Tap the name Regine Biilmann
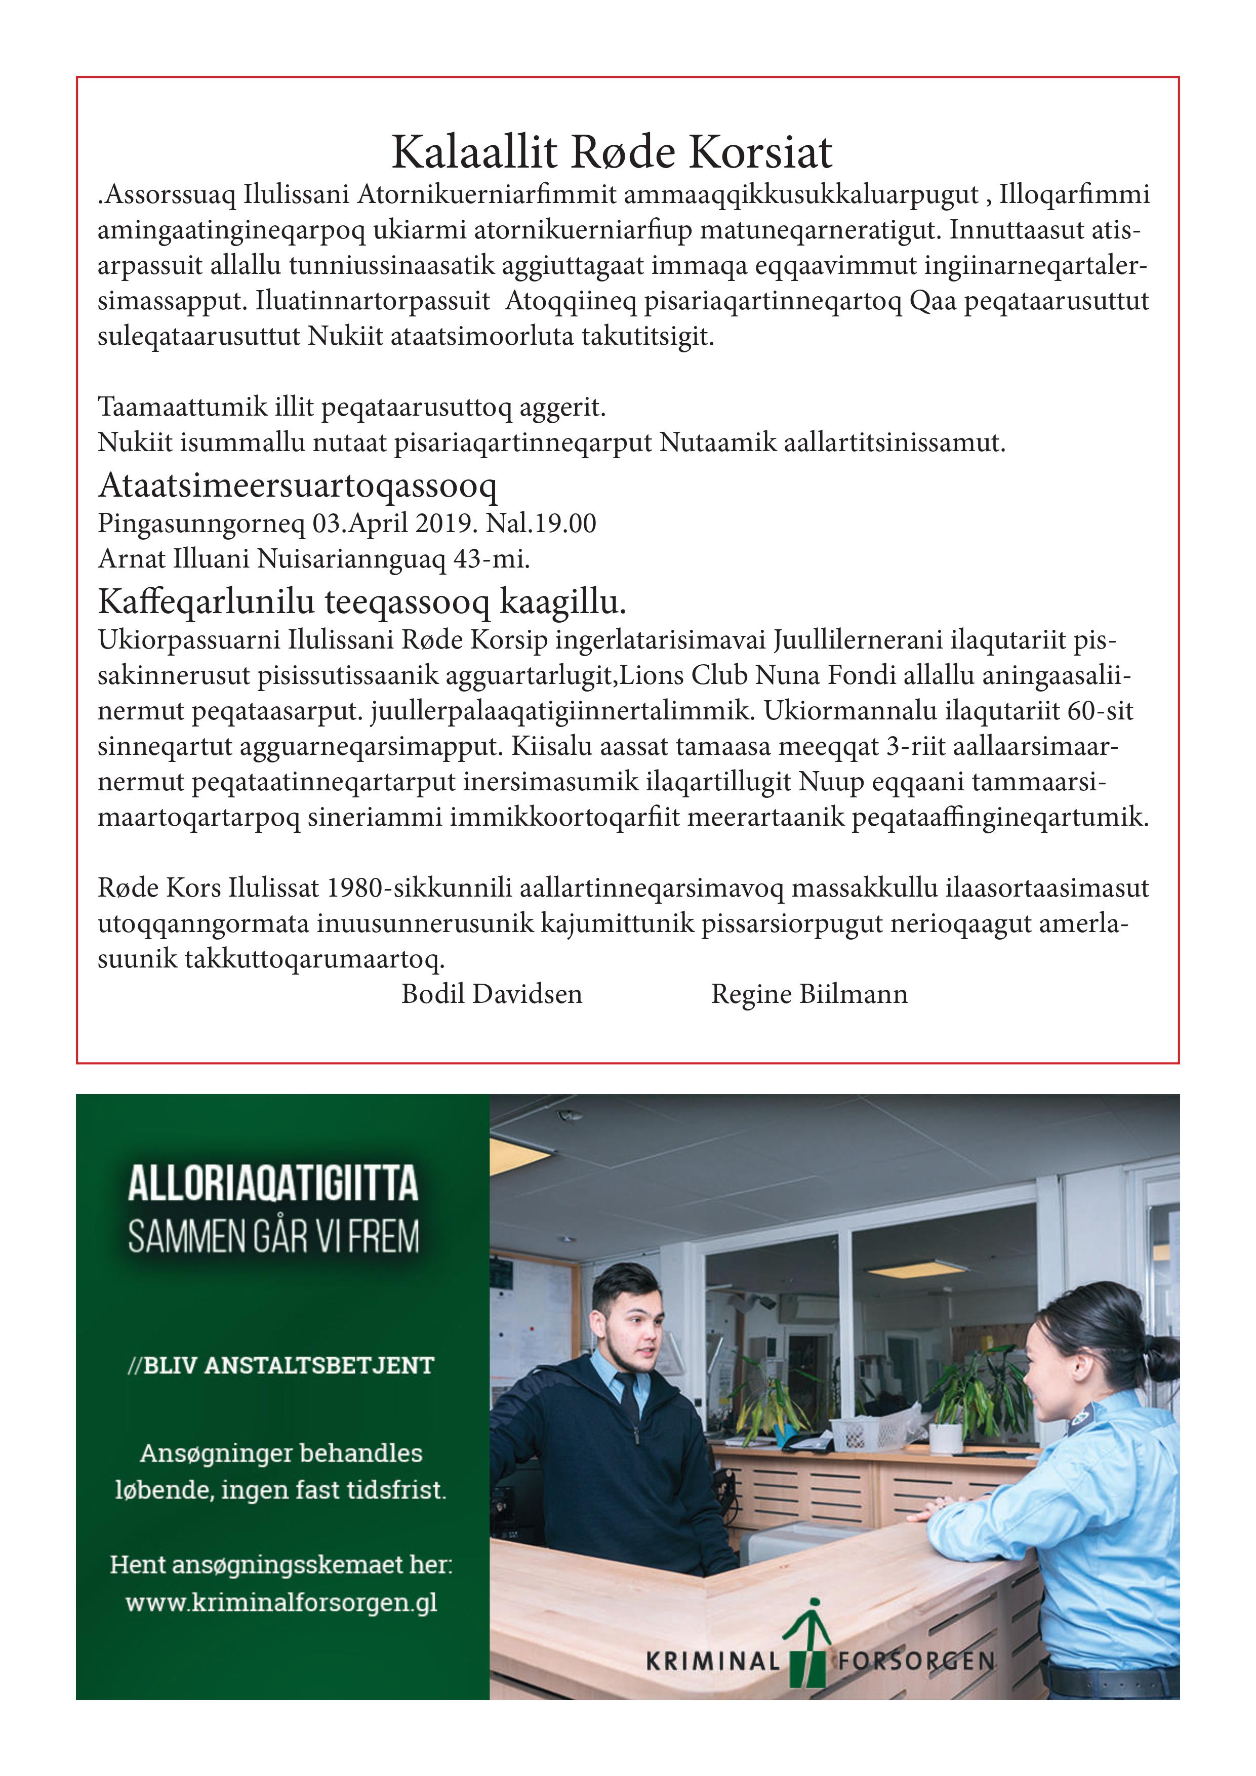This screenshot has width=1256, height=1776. click(809, 994)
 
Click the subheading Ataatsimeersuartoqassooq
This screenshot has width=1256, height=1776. click(298, 486)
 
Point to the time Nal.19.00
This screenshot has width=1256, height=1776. click(541, 523)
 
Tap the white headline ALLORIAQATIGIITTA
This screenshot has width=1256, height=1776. click(273, 1184)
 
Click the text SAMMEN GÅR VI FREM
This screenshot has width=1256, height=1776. click(273, 1236)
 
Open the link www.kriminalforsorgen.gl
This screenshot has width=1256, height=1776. click(281, 1601)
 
